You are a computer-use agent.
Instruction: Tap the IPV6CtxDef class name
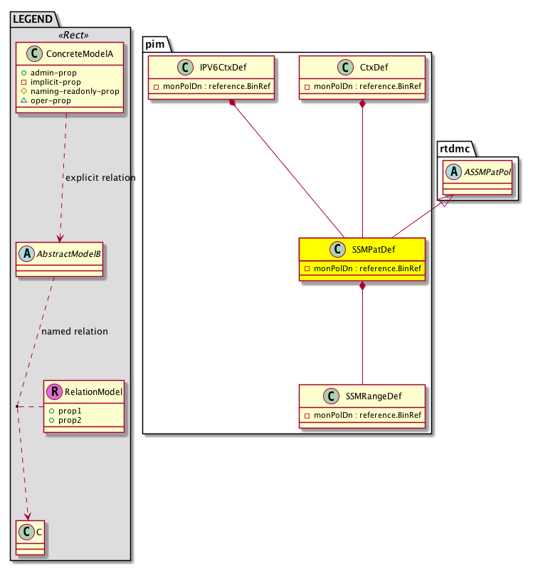tap(218, 67)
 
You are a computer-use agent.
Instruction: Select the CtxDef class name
tap(374, 67)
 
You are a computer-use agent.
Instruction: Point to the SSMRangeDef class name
tap(374, 396)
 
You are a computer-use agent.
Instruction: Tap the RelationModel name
tap(93, 391)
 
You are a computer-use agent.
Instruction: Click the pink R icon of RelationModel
tap(54, 391)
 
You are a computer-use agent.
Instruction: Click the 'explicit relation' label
tap(100, 177)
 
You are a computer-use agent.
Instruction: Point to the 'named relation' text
tap(75, 331)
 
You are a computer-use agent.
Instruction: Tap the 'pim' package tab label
tap(155, 44)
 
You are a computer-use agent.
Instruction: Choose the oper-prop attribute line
tap(58, 100)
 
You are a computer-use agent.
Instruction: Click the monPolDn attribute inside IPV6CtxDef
tap(216, 87)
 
